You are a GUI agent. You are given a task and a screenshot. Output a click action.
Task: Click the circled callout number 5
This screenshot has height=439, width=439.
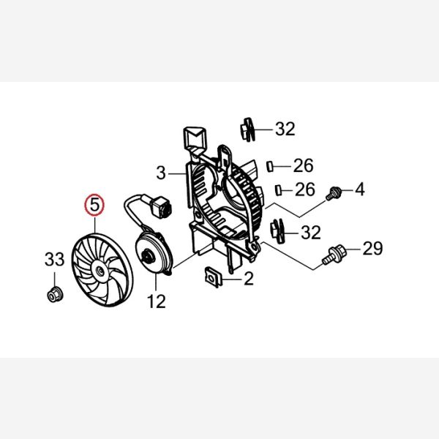[x=94, y=205]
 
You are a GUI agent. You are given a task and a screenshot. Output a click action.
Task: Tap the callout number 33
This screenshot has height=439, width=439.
[x=55, y=259]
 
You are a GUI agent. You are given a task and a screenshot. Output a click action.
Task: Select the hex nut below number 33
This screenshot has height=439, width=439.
[x=55, y=294]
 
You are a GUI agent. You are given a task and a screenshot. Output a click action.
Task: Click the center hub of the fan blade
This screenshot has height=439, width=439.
[x=100, y=271]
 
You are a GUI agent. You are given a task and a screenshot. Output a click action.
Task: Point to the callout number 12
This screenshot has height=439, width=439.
[x=157, y=301]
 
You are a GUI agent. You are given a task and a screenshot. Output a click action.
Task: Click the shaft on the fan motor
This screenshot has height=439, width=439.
[x=146, y=256]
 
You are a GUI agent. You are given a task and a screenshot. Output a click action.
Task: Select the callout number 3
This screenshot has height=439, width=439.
[x=161, y=173]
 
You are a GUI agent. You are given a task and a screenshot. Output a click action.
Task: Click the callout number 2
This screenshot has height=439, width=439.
[x=249, y=278]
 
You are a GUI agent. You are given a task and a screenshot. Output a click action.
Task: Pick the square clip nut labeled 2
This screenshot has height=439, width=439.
[x=214, y=277]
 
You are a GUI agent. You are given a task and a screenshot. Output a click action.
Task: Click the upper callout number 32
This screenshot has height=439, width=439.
[x=285, y=129]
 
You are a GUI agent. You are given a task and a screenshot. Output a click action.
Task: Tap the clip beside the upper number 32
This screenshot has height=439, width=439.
[x=248, y=130]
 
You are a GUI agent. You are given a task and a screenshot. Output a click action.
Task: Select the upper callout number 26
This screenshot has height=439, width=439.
[x=303, y=165]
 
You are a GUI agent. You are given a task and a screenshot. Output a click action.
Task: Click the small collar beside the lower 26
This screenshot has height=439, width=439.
[x=278, y=190]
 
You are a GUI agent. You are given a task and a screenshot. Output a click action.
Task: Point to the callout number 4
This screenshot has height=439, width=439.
[x=360, y=190]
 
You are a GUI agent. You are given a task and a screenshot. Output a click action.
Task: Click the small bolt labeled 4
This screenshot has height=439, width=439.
[x=334, y=193]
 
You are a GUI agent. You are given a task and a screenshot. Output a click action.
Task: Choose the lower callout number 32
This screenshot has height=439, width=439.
[x=311, y=233]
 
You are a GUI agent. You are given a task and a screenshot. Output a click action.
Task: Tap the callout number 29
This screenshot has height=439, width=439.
[x=372, y=248]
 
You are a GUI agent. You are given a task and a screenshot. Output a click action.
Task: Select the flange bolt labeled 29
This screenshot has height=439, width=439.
[x=334, y=255]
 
